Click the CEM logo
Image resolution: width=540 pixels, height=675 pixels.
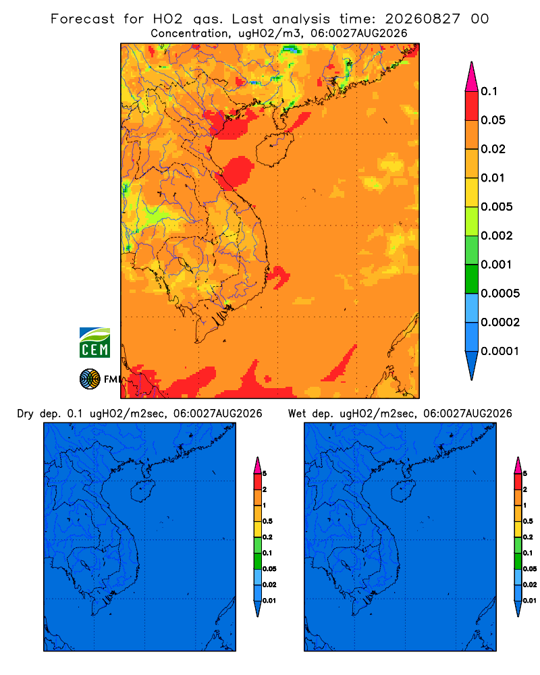94,343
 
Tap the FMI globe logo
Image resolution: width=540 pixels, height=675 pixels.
90,379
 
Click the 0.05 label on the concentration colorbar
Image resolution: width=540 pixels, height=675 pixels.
493,120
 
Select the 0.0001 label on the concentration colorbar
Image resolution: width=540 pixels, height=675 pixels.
500,351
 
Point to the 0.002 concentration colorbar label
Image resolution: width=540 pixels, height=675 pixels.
497,236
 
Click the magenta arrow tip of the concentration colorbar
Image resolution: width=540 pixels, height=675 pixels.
472,76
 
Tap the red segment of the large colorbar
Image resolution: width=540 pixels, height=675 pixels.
472,106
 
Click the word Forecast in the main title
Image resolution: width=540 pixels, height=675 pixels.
82,19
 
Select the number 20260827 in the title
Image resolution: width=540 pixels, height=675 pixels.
423,19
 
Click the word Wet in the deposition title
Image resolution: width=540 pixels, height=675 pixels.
297,414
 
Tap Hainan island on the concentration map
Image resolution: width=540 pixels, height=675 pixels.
274,149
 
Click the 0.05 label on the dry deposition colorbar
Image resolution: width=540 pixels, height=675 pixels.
269,568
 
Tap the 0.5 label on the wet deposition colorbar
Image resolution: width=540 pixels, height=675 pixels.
528,521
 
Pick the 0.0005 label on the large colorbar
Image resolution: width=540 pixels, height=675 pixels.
500,294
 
